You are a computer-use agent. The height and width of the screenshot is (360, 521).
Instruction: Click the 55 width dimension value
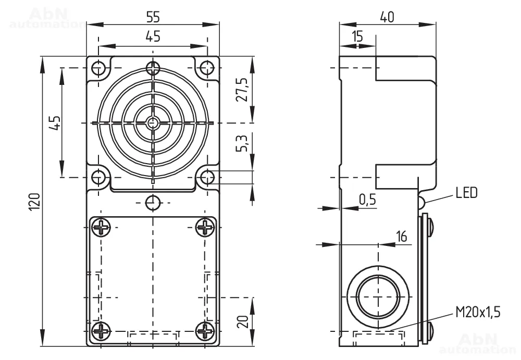pyautogui.click(x=153, y=17)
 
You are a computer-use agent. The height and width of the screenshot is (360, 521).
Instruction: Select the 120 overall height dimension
pyautogui.click(x=35, y=201)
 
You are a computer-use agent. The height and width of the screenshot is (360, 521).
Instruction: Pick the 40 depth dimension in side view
pyautogui.click(x=387, y=17)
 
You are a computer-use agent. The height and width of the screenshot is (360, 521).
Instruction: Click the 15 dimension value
pyautogui.click(x=357, y=36)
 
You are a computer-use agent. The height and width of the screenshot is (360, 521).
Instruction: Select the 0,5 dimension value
pyautogui.click(x=367, y=200)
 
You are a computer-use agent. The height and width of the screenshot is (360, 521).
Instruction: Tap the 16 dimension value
pyautogui.click(x=401, y=237)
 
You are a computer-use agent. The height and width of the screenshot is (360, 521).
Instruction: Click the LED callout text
pyautogui.click(x=466, y=192)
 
